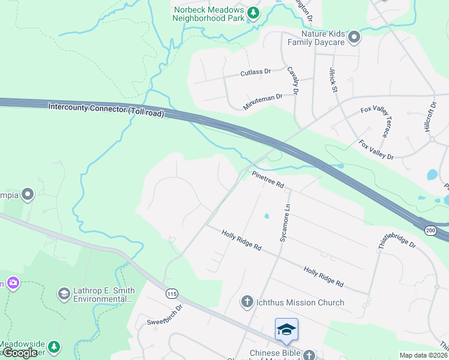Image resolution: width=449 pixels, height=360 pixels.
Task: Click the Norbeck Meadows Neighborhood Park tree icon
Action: [253, 13]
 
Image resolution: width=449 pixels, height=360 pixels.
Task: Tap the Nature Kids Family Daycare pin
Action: [354, 37]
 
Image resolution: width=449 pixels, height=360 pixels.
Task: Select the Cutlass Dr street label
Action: [256, 72]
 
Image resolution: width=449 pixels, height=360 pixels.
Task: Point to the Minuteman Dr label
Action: [262, 101]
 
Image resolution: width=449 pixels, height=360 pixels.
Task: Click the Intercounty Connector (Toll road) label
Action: [106, 109]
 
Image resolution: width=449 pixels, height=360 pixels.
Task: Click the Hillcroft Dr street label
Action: [432, 119]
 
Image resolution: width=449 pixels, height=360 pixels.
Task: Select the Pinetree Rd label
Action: [268, 180]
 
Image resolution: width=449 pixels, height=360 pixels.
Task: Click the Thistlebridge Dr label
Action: [396, 237]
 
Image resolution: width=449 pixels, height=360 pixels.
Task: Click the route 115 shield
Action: [172, 293]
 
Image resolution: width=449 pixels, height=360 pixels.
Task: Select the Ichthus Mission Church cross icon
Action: [247, 302]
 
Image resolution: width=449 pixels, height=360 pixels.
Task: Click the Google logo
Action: [20, 353]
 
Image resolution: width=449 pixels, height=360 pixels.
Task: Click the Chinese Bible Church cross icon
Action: [309, 355]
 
